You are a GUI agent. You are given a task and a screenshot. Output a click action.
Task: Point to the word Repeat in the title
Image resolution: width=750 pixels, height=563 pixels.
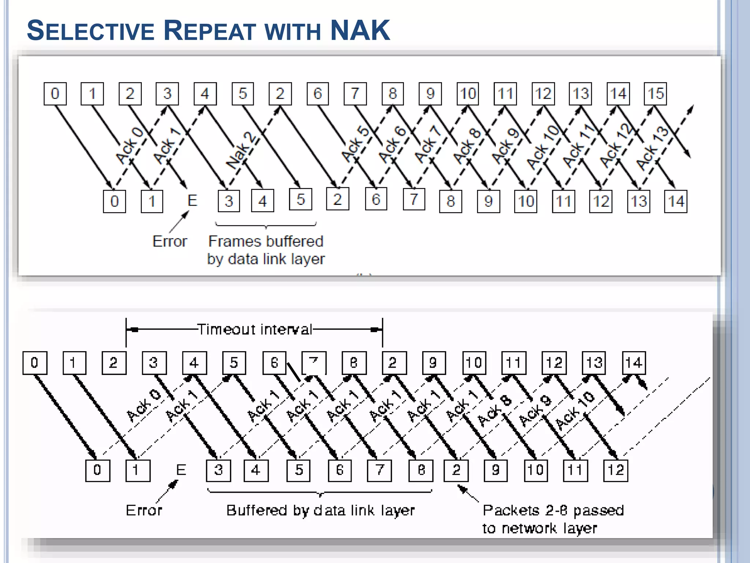point(209,31)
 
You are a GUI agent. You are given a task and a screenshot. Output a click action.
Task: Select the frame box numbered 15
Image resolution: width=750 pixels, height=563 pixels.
point(656,94)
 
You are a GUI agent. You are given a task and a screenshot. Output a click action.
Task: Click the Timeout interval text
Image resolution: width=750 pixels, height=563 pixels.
point(255,329)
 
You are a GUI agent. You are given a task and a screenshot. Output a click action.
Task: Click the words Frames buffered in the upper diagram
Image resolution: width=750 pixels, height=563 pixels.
point(266,242)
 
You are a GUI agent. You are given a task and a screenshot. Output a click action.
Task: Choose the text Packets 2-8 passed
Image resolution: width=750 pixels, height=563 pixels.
point(553,510)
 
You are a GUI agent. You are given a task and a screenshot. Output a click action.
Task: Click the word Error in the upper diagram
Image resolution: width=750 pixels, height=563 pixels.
point(170,242)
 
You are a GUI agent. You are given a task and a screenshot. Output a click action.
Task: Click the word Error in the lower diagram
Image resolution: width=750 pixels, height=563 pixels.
point(144,510)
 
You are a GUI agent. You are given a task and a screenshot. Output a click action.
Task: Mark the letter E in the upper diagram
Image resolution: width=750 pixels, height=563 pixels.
point(192,200)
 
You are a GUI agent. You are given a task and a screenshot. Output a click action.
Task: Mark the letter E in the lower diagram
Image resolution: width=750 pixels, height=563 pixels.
point(181,470)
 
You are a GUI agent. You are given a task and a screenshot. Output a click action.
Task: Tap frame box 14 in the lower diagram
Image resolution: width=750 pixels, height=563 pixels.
point(634,363)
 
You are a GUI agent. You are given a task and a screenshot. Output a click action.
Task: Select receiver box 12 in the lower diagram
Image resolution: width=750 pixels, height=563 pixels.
point(616,470)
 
